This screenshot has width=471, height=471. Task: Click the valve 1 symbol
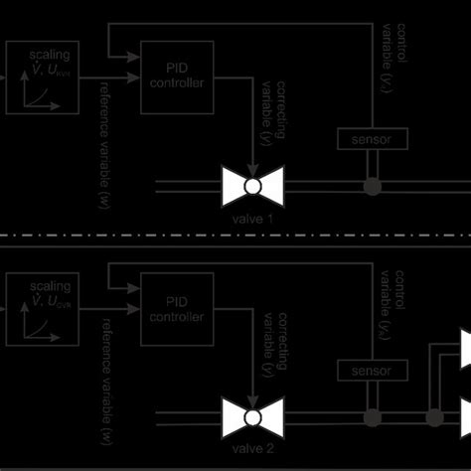(253, 185)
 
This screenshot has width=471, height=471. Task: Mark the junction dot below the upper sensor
(372, 185)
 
